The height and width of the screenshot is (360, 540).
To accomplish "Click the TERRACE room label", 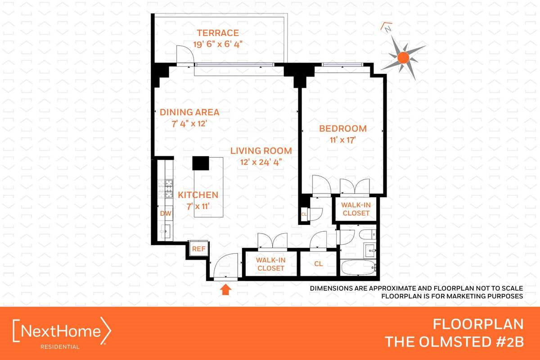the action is pyautogui.click(x=217, y=33).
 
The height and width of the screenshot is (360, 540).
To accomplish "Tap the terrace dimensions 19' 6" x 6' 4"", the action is pyautogui.click(x=217, y=44).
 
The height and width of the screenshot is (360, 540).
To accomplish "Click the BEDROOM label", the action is pyautogui.click(x=343, y=129).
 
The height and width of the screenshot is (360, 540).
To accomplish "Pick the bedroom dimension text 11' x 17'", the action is pyautogui.click(x=343, y=140).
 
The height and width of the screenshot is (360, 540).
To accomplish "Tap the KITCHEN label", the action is pyautogui.click(x=198, y=195).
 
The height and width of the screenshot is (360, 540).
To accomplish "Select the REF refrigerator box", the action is pyautogui.click(x=198, y=248).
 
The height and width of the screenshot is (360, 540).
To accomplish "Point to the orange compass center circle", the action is pyautogui.click(x=403, y=57).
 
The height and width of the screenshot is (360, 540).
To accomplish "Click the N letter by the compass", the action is pyautogui.click(x=387, y=28).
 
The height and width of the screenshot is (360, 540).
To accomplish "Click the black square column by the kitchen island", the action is pyautogui.click(x=201, y=163).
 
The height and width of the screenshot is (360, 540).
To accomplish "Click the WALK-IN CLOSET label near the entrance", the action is pyautogui.click(x=271, y=264).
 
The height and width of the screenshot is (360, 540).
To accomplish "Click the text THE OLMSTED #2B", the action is pyautogui.click(x=454, y=342).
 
